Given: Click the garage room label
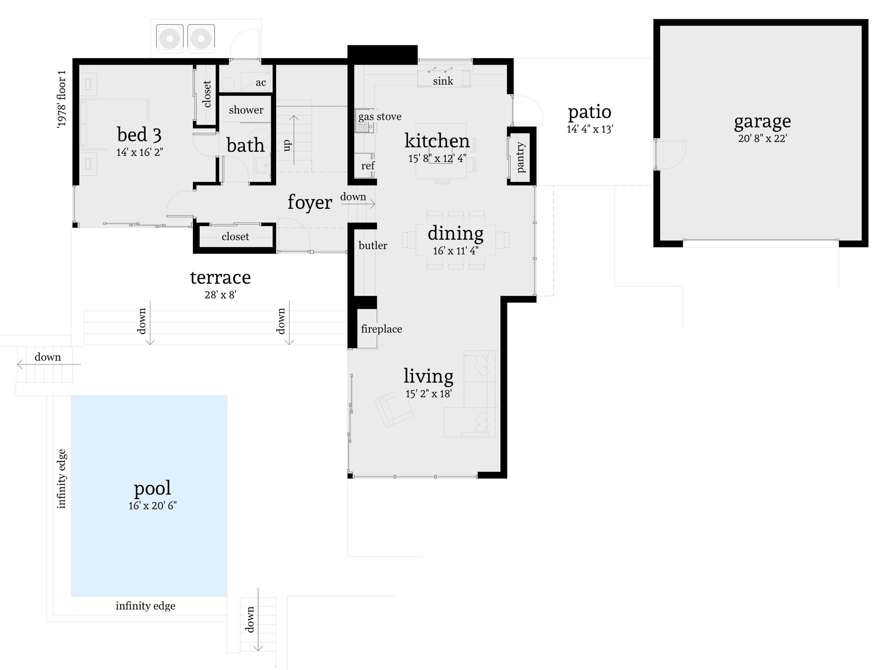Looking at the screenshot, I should (762, 121).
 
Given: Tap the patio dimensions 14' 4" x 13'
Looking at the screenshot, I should (589, 129).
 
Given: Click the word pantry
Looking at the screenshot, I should (521, 157).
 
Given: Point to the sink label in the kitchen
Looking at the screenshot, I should (443, 81).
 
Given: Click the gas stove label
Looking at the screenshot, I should (380, 117).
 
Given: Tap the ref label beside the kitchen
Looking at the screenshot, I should (367, 166).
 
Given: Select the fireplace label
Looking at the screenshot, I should (381, 329).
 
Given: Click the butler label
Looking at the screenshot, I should (372, 246).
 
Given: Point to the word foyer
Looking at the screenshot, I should (309, 202).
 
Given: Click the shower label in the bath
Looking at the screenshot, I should (246, 110).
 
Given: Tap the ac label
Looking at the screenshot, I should (261, 83).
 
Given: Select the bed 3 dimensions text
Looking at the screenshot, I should (140, 153).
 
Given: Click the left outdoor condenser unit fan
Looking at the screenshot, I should (170, 38).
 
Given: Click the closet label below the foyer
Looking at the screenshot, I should (235, 237).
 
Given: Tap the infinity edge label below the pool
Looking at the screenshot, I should (145, 606).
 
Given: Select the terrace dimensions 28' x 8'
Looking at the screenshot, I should (220, 295).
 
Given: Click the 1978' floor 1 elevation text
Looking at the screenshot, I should (62, 99).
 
